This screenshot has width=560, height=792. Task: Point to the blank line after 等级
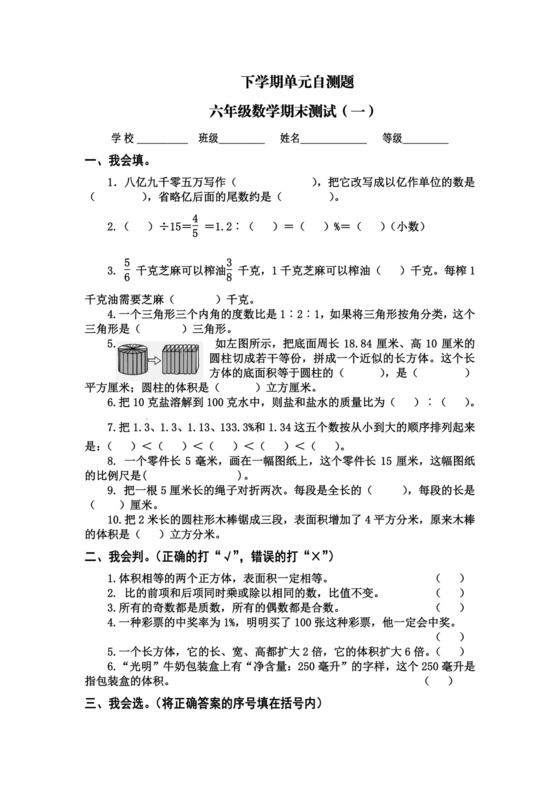[x=426, y=140]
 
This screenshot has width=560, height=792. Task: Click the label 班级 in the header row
[x=209, y=139]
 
